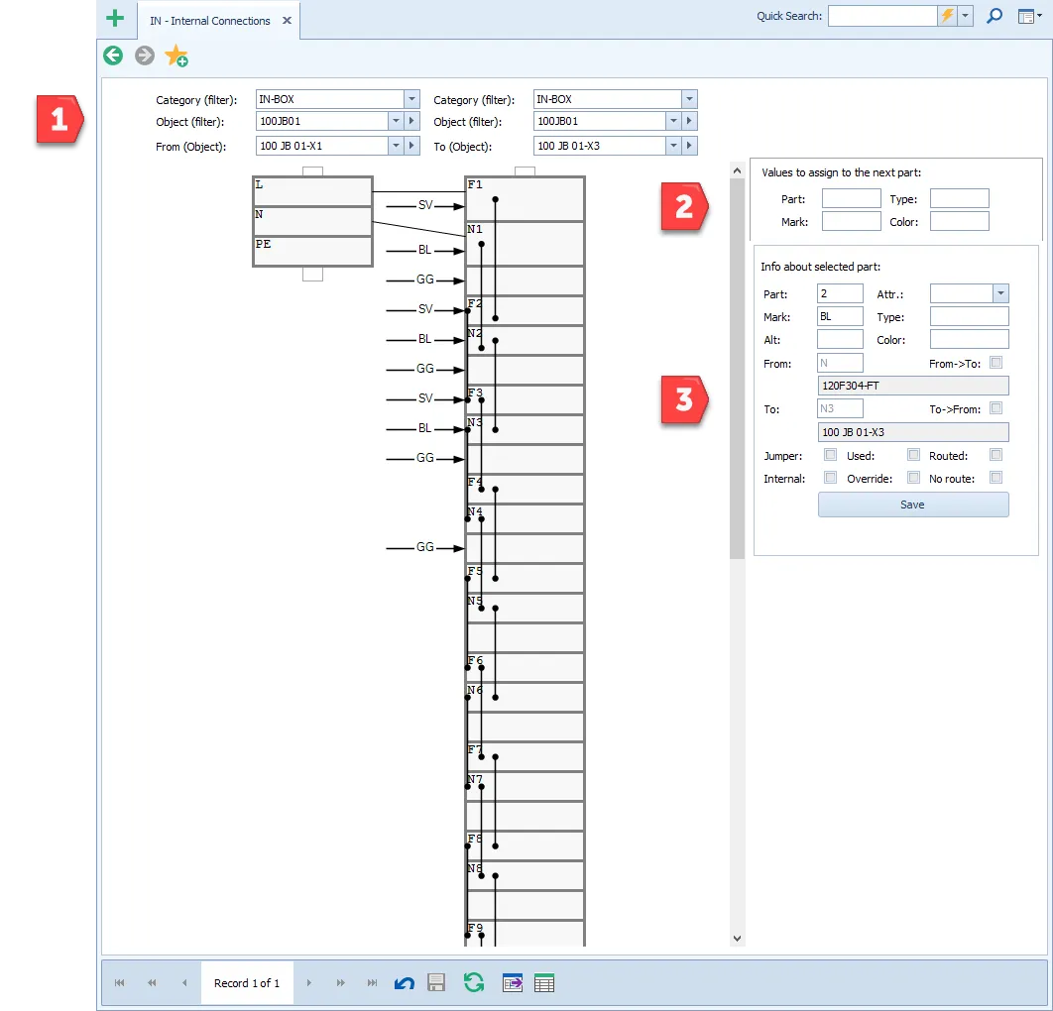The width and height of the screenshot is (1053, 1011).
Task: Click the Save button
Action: [912, 505]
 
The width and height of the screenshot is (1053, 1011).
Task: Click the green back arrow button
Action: [113, 56]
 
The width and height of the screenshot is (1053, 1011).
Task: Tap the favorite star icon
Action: [175, 56]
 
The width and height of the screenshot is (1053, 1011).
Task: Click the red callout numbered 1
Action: [59, 120]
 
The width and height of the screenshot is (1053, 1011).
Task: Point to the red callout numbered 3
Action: [684, 399]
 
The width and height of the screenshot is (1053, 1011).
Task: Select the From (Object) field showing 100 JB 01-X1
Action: [322, 146]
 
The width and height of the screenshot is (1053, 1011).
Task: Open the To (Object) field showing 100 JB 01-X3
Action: [600, 146]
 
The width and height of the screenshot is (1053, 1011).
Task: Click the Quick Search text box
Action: [882, 16]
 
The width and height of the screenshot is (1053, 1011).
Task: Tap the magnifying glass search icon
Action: [994, 16]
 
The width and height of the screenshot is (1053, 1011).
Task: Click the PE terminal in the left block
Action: [312, 252]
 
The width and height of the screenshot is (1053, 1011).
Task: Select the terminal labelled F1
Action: [525, 198]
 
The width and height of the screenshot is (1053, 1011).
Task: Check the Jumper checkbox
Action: [831, 455]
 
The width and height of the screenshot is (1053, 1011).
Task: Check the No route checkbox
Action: [995, 478]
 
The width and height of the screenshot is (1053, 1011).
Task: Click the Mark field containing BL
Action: [840, 316]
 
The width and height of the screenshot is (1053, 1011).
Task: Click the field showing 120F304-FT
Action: [912, 386]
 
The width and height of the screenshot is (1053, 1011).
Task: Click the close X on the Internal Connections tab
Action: [287, 21]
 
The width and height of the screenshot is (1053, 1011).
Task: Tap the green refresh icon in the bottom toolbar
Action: [474, 983]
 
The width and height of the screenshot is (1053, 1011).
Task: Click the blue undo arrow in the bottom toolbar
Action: [405, 983]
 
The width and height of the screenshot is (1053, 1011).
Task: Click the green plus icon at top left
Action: [115, 18]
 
